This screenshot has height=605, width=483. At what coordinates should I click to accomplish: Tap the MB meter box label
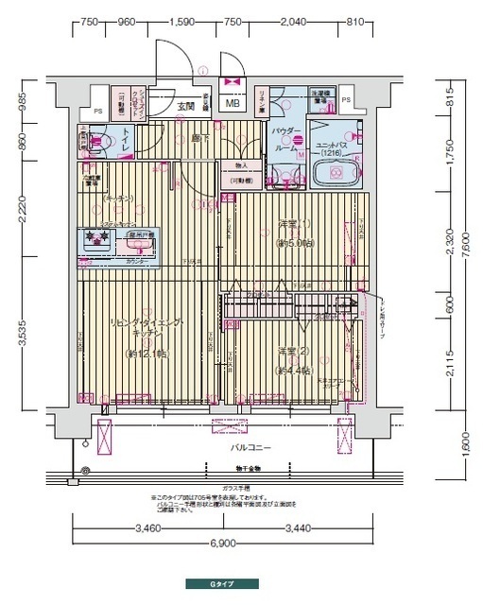click(232, 104)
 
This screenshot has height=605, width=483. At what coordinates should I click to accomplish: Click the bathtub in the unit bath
click(334, 174)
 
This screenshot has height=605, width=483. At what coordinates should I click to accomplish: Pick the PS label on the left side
click(97, 93)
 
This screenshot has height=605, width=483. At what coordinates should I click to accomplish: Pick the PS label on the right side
click(346, 98)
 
